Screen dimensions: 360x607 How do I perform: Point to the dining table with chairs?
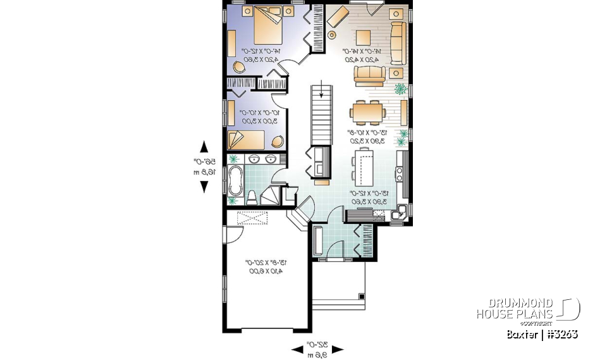click(x=368, y=113)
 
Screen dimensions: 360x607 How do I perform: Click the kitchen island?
click(x=364, y=166)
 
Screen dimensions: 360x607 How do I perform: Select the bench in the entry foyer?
click(x=318, y=241)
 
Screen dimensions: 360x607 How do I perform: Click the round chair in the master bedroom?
click(x=240, y=66)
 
